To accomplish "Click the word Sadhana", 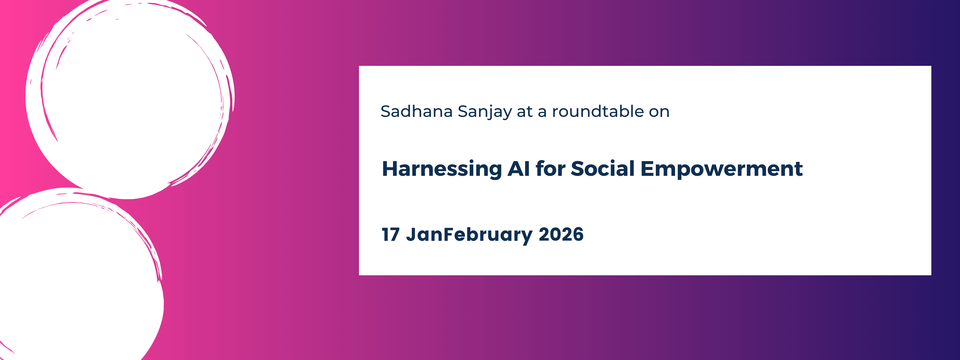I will click(x=416, y=111).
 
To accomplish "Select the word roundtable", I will click(x=597, y=111).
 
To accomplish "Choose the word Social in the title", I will click(x=602, y=169).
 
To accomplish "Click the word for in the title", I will click(x=550, y=169).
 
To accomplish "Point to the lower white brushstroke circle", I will click(x=78, y=280).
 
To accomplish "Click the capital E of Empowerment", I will click(x=647, y=169).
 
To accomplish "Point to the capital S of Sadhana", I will click(x=386, y=111).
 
